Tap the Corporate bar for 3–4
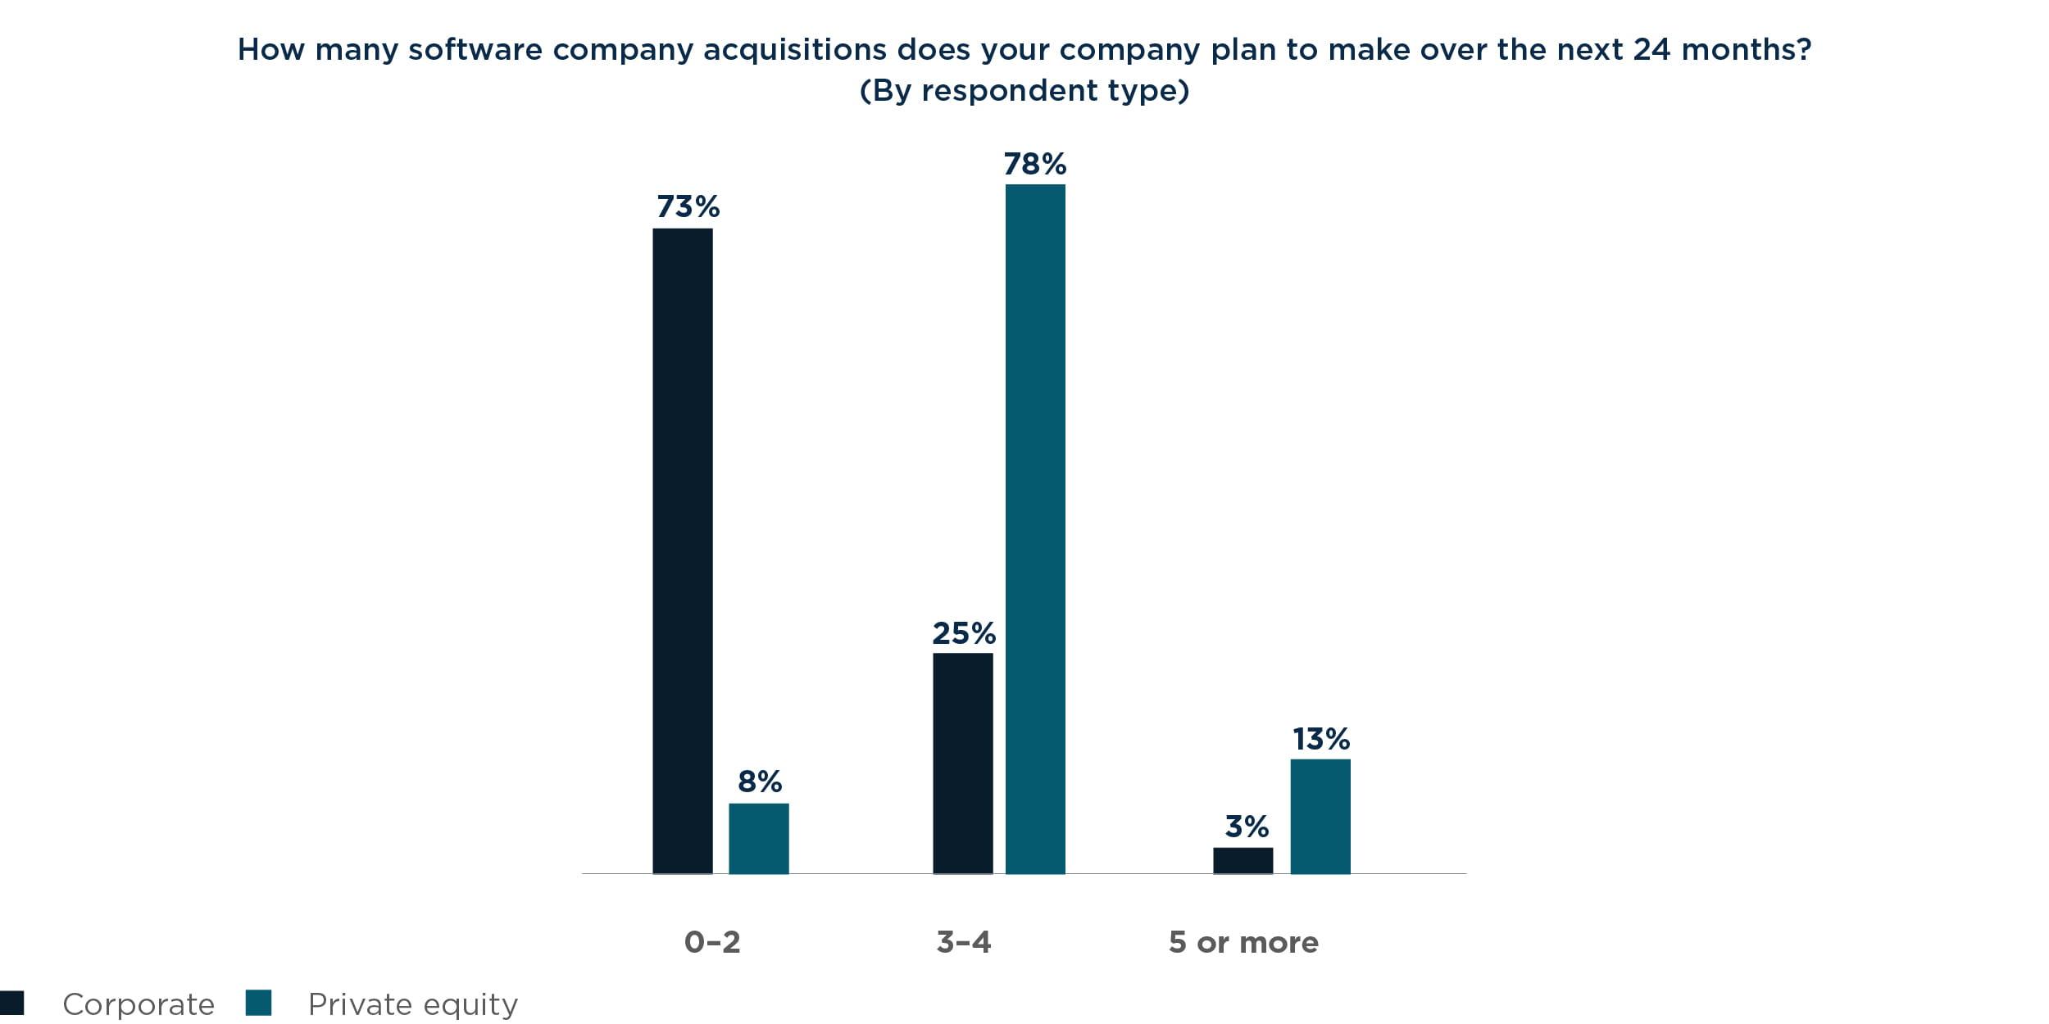pos(962,763)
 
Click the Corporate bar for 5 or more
pos(1243,860)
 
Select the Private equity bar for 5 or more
pos(1320,816)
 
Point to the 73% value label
pos(688,206)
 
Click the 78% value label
pos(1035,164)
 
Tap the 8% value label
pos(759,782)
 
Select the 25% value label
pos(963,633)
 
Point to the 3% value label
pos(1246,827)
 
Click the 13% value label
pos(1320,739)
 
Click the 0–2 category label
pos(711,942)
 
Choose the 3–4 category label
pos(963,942)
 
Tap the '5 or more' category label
pos(1243,942)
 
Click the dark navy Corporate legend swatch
pos(12,1003)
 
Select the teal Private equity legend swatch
pos(258,1003)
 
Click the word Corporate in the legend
pos(138,1004)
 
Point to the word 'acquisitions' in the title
pos(794,50)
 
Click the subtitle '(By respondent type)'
pos(1024,90)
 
